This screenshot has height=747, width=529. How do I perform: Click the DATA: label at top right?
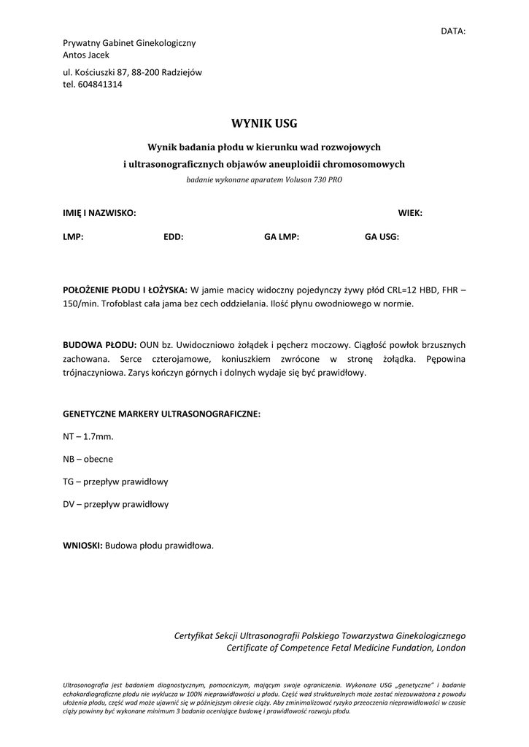point(452,31)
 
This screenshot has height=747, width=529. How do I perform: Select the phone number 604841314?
point(100,84)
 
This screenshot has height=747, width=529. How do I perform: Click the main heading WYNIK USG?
point(264,123)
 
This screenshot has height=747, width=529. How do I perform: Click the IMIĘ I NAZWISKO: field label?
point(99,213)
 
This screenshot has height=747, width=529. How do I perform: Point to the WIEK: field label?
point(410,213)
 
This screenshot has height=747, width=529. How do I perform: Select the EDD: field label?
point(173,237)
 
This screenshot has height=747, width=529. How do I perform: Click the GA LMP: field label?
point(282,237)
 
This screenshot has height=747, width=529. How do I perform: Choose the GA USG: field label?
point(382,237)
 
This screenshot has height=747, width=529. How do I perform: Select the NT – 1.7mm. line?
point(88,436)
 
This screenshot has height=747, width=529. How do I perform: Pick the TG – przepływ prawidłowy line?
point(116,481)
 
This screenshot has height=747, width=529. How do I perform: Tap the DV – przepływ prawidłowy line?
point(116,504)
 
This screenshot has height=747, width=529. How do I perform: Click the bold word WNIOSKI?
point(83,545)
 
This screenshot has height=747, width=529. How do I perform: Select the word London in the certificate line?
point(449,647)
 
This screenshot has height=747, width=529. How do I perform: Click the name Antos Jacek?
point(86,55)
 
